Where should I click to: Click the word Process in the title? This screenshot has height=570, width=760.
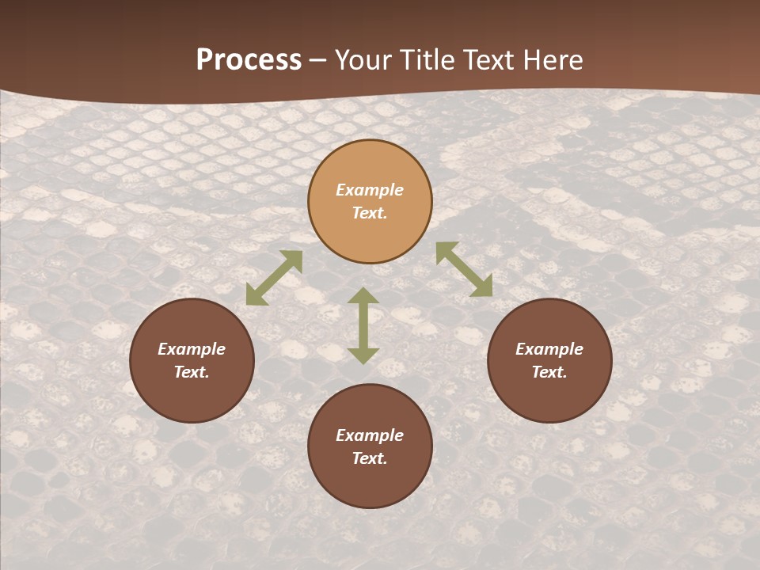click(x=249, y=60)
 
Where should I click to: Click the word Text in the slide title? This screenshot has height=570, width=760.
click(x=487, y=60)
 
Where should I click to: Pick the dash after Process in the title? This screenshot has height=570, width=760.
click(x=317, y=62)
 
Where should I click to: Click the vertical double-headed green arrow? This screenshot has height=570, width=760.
click(x=363, y=325)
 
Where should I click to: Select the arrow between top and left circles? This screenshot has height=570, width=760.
click(x=274, y=278)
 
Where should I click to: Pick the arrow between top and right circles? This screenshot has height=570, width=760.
click(x=464, y=269)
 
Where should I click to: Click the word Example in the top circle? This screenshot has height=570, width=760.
click(x=370, y=190)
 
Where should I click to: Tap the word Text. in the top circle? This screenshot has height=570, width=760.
click(x=370, y=213)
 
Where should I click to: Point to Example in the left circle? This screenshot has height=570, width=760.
click(x=192, y=349)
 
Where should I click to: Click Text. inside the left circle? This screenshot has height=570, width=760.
click(x=192, y=372)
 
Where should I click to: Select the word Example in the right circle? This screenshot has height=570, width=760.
click(x=549, y=349)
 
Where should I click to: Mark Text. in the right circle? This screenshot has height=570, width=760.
click(x=549, y=372)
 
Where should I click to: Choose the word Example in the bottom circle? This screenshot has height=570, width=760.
click(x=370, y=435)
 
